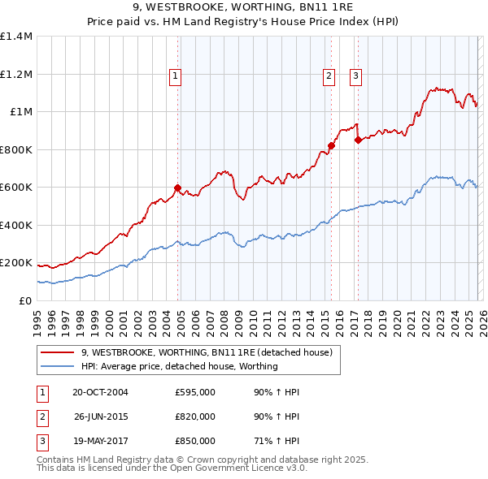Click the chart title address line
(244, 8)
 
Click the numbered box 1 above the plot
(176, 77)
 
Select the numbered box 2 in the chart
(329, 77)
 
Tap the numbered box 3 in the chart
(356, 77)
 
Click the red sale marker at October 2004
(178, 188)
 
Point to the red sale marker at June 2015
(331, 146)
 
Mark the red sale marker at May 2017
(358, 140)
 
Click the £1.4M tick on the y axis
(16, 37)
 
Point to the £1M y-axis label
(21, 112)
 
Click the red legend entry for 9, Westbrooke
(207, 353)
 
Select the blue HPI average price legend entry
(179, 366)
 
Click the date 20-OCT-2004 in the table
(100, 392)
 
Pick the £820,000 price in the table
(195, 416)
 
